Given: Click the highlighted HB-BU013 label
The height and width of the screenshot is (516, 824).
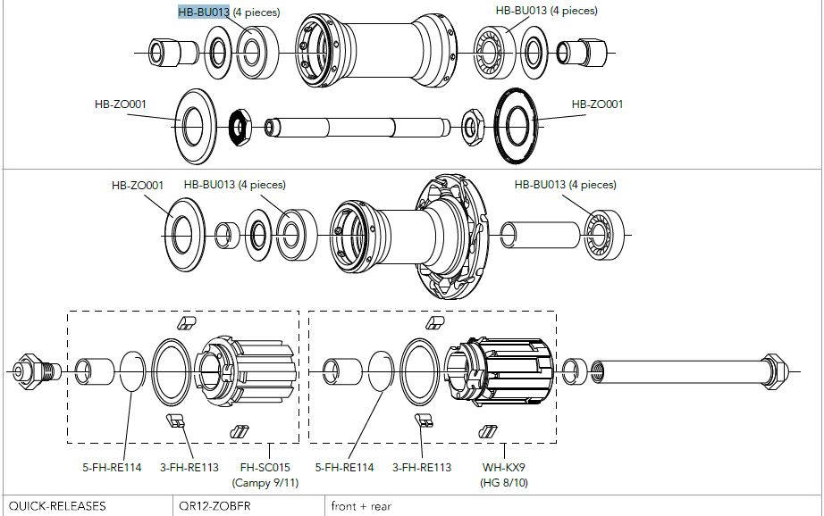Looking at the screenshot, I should click(204, 12).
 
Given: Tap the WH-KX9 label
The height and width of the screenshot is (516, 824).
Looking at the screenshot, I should click(503, 467).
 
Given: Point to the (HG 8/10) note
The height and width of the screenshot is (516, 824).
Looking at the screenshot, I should click(503, 482).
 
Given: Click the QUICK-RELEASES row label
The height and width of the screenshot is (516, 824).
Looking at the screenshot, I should click(55, 506).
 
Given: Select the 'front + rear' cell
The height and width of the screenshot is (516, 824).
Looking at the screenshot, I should click(361, 506).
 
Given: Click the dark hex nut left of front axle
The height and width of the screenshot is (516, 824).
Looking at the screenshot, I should click(240, 128).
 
